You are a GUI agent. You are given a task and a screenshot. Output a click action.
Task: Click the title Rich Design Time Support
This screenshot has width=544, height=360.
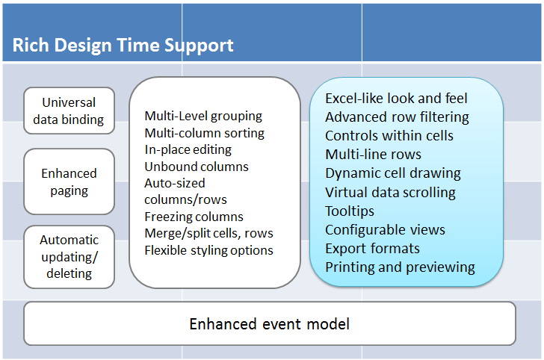[123, 46]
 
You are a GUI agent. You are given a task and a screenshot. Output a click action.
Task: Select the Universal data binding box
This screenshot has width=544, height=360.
[69, 111]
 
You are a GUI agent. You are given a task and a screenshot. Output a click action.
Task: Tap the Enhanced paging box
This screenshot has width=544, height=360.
[69, 181]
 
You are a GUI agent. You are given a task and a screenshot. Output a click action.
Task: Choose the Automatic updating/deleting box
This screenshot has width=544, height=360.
[69, 257]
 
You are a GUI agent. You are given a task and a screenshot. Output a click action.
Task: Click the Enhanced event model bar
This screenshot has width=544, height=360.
[270, 323]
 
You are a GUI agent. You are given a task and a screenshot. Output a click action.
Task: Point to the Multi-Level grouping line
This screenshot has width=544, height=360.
[203, 117]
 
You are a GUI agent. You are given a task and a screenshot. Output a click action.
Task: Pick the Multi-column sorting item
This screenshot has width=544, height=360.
[204, 133]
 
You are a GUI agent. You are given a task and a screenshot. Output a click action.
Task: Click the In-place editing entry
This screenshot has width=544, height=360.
[188, 150]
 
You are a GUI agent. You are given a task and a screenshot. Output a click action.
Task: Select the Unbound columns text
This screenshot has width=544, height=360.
[197, 167]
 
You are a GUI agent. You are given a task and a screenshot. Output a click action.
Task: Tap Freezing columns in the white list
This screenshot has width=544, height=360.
[194, 217]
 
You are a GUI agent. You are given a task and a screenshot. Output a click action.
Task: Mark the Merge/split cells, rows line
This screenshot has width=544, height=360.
[209, 234]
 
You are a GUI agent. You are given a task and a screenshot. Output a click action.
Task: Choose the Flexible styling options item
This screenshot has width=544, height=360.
[209, 250]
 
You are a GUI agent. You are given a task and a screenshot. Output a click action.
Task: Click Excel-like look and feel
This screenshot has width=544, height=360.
[396, 98]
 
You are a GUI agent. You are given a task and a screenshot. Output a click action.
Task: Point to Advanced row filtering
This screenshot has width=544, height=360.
[397, 117]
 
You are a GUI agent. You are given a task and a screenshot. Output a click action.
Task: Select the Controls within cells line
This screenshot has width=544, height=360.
[389, 136]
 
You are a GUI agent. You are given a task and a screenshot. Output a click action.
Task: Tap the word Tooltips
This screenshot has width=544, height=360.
[350, 211]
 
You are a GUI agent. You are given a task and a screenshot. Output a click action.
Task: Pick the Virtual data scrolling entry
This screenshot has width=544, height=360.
[390, 193]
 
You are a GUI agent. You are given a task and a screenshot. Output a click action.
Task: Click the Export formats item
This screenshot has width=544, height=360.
[372, 248]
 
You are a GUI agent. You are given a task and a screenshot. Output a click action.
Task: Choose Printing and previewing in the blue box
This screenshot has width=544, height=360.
[400, 267]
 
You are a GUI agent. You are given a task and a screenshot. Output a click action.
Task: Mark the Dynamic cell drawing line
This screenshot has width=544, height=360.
[393, 173]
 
